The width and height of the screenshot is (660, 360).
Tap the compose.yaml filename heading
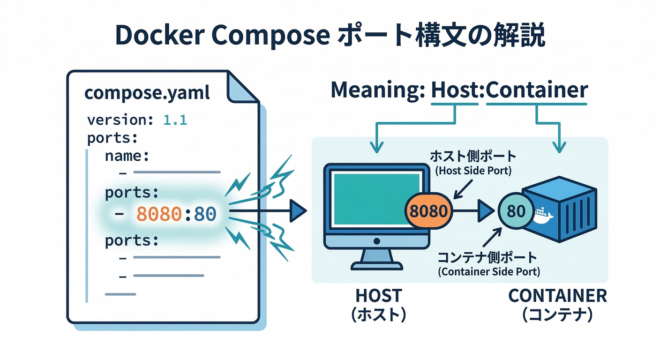click(x=147, y=92)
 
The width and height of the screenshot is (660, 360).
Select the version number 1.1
click(x=175, y=120)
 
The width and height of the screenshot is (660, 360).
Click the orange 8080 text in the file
click(x=158, y=214)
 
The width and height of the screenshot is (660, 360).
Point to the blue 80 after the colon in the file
click(x=204, y=214)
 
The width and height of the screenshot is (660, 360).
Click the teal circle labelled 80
click(x=516, y=211)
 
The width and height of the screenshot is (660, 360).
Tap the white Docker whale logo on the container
click(x=543, y=216)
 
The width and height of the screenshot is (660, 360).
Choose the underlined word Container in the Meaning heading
click(x=537, y=90)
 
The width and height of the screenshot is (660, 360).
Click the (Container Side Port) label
click(x=488, y=271)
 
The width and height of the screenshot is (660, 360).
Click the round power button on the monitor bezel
click(x=376, y=241)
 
